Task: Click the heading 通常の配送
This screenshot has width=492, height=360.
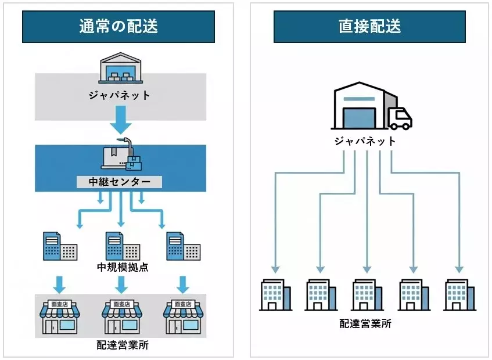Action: [118, 27]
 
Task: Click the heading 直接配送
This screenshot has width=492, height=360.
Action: [369, 27]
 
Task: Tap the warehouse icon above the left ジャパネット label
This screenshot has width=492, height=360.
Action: [120, 69]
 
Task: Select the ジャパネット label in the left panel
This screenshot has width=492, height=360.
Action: [120, 95]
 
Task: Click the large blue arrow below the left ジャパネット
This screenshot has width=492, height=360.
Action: [121, 121]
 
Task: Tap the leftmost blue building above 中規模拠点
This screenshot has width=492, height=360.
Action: [59, 246]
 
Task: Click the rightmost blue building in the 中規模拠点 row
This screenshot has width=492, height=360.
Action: [182, 246]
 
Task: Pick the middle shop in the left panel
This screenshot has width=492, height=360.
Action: [121, 316]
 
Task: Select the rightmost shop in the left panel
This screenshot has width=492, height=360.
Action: [184, 316]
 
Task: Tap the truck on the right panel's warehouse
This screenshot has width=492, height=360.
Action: [400, 118]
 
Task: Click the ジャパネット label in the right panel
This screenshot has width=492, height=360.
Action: [365, 141]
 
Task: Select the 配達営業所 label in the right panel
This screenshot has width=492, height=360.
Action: [365, 323]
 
